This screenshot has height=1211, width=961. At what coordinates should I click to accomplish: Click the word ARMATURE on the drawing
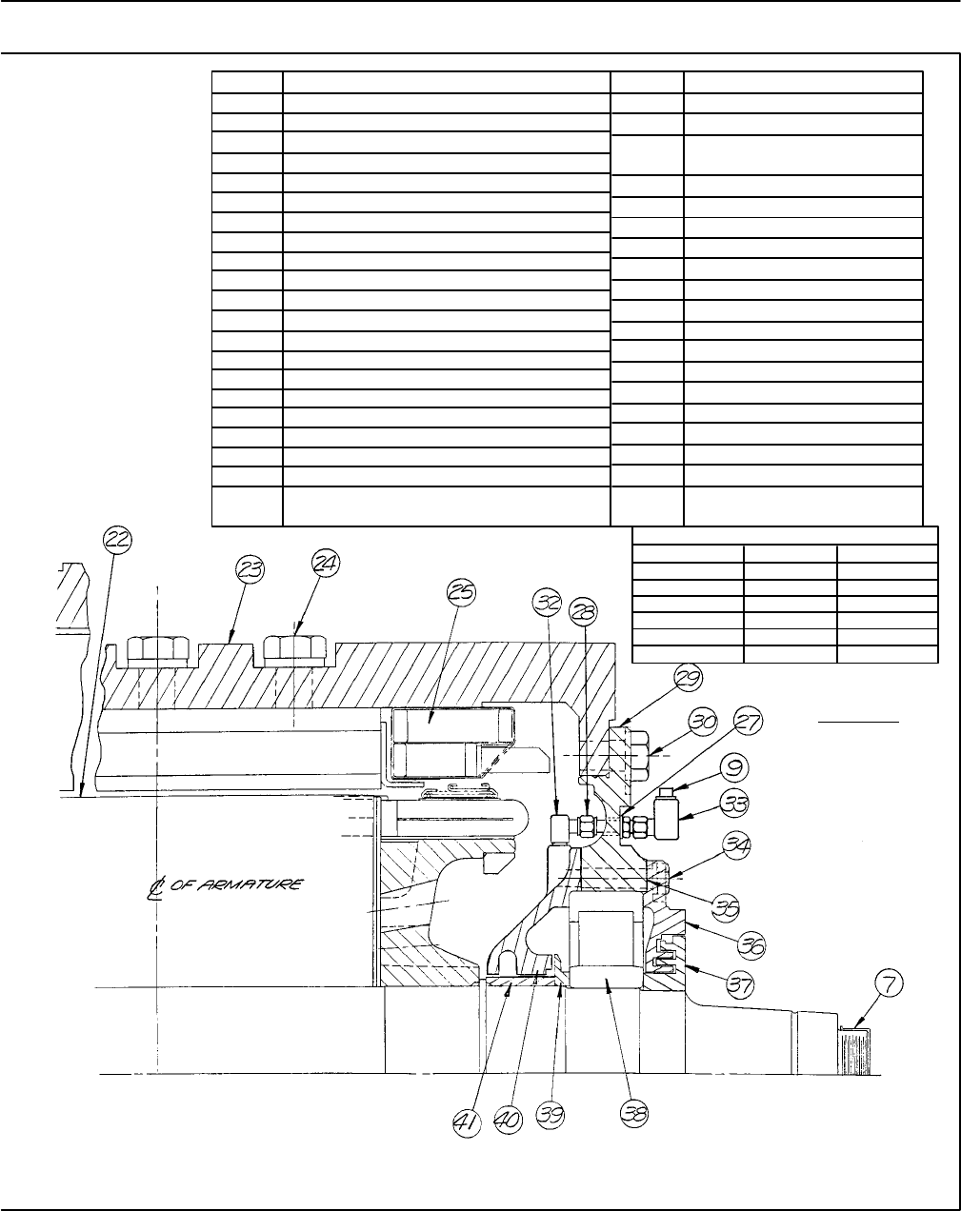[260, 884]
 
